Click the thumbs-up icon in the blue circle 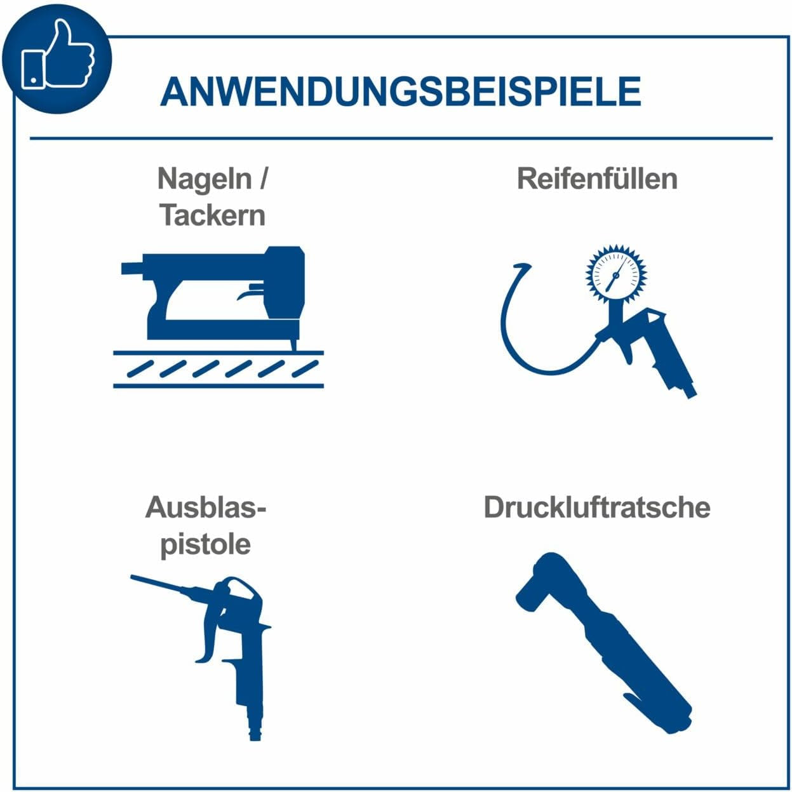click(58, 54)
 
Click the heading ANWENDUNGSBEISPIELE click(400, 91)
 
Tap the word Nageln click(205, 180)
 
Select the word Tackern click(212, 215)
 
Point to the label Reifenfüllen click(597, 178)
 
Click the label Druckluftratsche click(597, 508)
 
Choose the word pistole click(206, 546)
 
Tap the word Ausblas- click(206, 508)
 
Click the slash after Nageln click(262, 179)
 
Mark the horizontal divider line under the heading click(401, 138)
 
